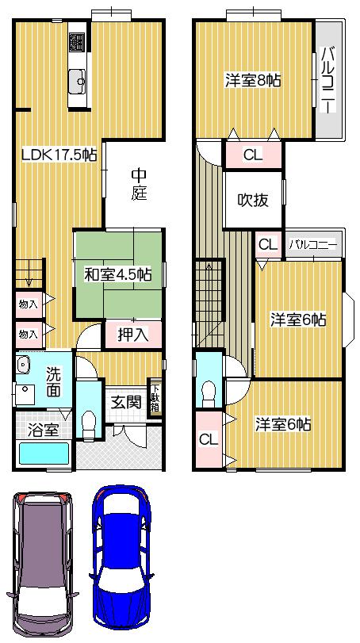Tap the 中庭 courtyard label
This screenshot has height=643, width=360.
[139, 184]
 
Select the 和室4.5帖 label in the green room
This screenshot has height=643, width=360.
[118, 275]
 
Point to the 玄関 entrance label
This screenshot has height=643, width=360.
[125, 402]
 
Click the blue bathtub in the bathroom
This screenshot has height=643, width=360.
[44, 454]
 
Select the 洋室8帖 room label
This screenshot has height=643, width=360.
[254, 81]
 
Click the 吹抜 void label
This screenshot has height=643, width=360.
[254, 200]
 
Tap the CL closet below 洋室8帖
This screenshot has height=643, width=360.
[252, 155]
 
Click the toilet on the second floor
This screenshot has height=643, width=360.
[209, 391]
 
